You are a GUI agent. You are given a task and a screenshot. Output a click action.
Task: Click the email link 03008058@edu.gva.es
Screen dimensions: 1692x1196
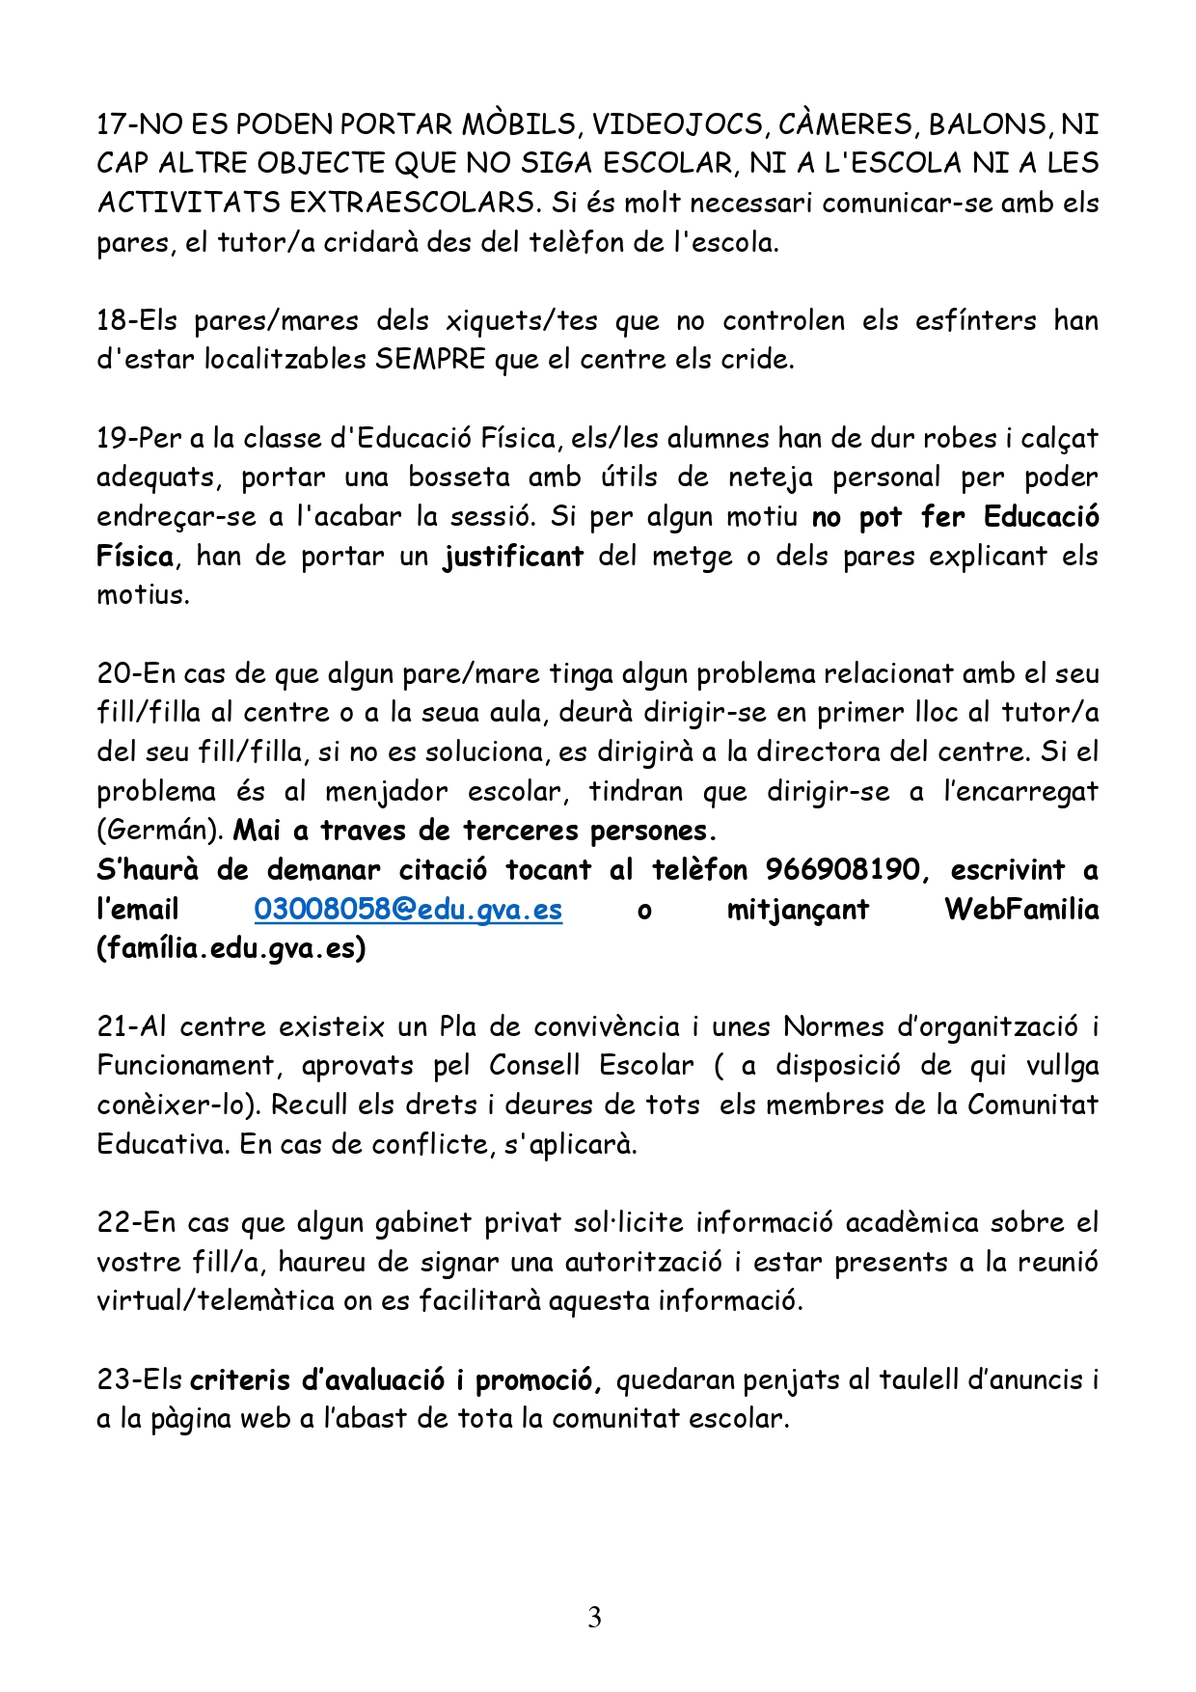click(408, 910)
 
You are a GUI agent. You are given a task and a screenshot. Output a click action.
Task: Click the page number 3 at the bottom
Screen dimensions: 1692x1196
click(594, 1618)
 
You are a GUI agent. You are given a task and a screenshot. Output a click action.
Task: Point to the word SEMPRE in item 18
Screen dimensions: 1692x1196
click(430, 360)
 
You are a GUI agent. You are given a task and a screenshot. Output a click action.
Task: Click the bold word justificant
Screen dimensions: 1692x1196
click(513, 557)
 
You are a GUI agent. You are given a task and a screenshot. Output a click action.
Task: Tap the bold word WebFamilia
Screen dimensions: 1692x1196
click(1020, 910)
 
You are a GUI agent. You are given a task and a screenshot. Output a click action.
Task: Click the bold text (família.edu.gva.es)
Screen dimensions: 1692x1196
click(231, 949)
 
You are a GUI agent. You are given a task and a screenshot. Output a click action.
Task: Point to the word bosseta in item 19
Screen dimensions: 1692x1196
click(458, 478)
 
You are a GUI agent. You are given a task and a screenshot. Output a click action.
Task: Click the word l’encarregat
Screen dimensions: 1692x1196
click(1020, 792)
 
